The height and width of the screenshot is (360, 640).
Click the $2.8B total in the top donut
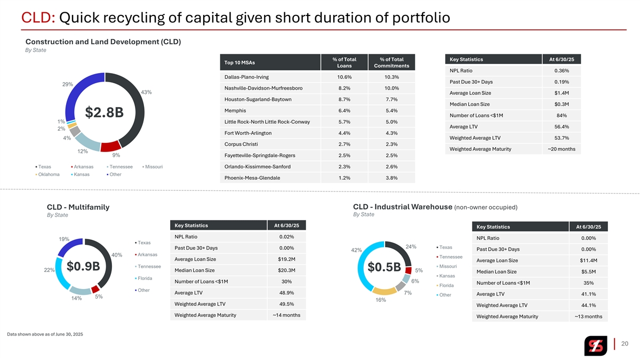click(105, 113)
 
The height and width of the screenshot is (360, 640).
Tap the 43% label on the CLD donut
click(147, 92)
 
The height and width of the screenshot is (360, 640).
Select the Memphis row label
click(235, 111)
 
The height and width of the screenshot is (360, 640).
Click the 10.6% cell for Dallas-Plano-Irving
click(344, 77)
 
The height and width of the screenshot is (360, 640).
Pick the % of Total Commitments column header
click(391, 62)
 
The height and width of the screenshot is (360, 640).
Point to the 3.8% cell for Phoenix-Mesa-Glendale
click(391, 178)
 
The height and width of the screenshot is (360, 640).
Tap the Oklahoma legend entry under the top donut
click(49, 174)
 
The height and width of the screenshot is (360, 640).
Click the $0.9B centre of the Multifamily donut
click(83, 266)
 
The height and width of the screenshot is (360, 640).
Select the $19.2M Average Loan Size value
click(286, 259)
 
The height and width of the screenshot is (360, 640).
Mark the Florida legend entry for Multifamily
click(144, 278)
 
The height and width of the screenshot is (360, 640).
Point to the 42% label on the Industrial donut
click(357, 250)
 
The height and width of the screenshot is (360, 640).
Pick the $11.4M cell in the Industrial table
click(588, 260)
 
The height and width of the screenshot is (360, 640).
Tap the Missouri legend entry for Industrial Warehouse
click(447, 266)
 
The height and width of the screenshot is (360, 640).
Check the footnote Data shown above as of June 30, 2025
click(45, 334)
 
